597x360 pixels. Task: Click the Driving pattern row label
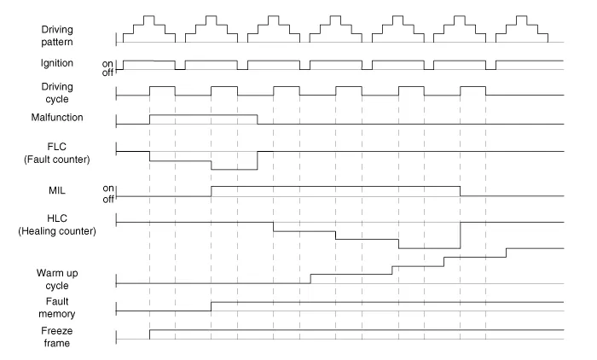click(x=57, y=36)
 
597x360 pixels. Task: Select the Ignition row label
click(x=57, y=63)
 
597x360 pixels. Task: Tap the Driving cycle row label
click(x=57, y=93)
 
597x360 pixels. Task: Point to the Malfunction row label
click(x=57, y=118)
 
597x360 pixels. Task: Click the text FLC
click(x=57, y=147)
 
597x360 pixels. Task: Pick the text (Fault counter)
click(x=57, y=160)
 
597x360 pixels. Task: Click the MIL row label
click(x=57, y=190)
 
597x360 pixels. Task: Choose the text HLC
click(x=57, y=218)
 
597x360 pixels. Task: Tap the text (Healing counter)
click(x=57, y=231)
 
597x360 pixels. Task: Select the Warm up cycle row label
click(x=57, y=279)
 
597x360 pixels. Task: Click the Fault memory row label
click(x=57, y=307)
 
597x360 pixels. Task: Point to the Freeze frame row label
click(x=57, y=337)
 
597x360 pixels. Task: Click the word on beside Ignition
click(x=107, y=64)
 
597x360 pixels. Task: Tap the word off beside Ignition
click(x=107, y=73)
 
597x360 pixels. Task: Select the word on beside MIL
click(x=108, y=189)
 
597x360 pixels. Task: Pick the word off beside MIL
click(x=108, y=199)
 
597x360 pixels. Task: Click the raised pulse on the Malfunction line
click(x=203, y=114)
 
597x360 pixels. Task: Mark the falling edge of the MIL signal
click(x=460, y=191)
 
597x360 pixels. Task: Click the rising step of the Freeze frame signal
click(x=149, y=334)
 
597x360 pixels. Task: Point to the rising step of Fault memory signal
click(x=212, y=306)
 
